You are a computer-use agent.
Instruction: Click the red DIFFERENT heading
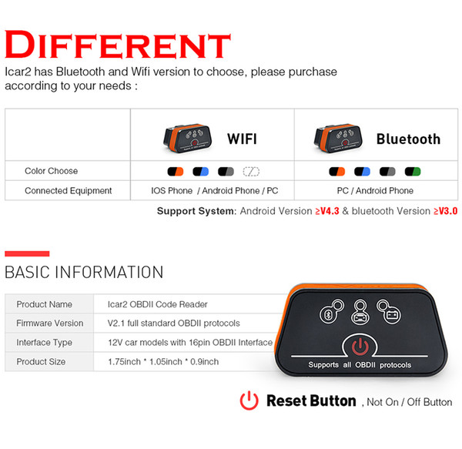pyautogui.click(x=118, y=45)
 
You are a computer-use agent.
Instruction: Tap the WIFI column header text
pyautogui.click(x=242, y=139)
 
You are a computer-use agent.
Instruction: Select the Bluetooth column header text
pyautogui.click(x=408, y=139)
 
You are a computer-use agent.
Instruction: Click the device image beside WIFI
pyautogui.click(x=187, y=138)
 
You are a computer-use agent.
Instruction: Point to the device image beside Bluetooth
pyautogui.click(x=338, y=138)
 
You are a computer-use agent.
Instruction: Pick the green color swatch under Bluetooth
pyautogui.click(x=413, y=172)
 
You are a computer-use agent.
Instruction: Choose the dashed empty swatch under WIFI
pyautogui.click(x=251, y=172)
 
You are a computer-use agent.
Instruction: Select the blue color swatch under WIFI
pyautogui.click(x=201, y=172)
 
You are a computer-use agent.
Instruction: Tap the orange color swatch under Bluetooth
pyautogui.click(x=336, y=172)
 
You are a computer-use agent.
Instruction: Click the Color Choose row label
pyautogui.click(x=52, y=171)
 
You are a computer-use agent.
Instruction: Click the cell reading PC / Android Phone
pyautogui.click(x=375, y=191)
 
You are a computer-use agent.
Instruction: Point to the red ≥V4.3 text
pyautogui.click(x=327, y=211)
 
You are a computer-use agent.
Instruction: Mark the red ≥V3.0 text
pyautogui.click(x=446, y=211)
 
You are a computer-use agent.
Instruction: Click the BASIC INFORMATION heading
pyautogui.click(x=84, y=272)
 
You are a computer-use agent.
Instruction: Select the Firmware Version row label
pyautogui.click(x=50, y=323)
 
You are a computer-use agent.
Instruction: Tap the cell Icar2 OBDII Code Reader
pyautogui.click(x=158, y=304)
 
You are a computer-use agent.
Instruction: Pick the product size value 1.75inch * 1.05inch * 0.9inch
pyautogui.click(x=163, y=361)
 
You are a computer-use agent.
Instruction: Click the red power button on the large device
pyautogui.click(x=360, y=346)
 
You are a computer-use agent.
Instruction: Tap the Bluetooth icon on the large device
pyautogui.click(x=328, y=315)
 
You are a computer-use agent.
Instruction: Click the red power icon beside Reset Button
pyautogui.click(x=249, y=400)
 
